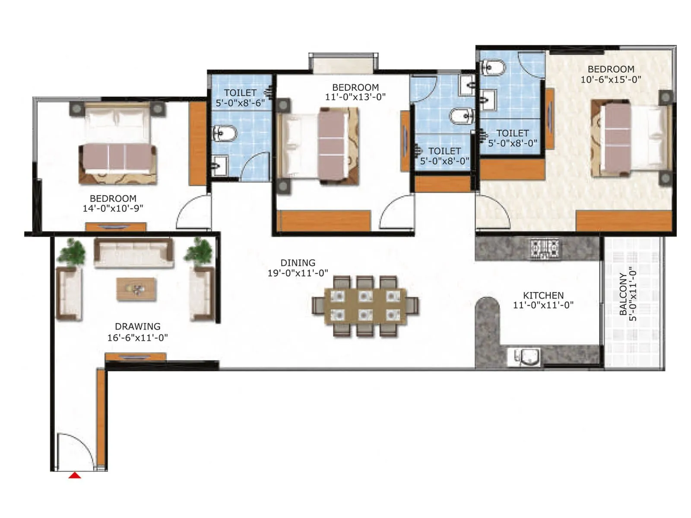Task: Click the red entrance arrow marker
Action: coord(75,475)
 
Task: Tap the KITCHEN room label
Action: coord(543,296)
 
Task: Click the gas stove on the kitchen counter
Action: coord(544,249)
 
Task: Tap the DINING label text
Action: coord(298,263)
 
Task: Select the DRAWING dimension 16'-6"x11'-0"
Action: coord(137,338)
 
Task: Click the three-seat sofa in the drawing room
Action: coord(134,253)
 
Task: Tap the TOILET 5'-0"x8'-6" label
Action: coord(240,98)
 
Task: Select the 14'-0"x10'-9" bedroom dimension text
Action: coord(113,208)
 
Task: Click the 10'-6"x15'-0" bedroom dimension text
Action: coord(610,80)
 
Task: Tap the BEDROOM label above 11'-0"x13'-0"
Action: coord(355,87)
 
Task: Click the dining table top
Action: coord(365,306)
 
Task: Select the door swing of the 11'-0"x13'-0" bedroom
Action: coord(396,212)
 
